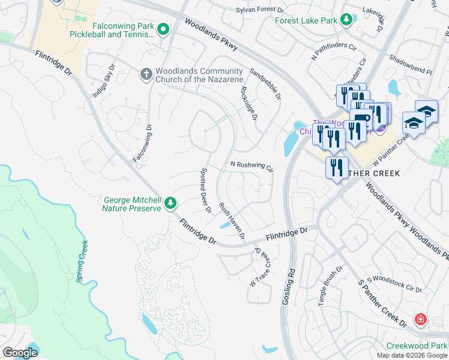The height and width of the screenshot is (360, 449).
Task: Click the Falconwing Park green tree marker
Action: [163, 29]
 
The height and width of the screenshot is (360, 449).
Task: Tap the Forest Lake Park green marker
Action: [346, 20]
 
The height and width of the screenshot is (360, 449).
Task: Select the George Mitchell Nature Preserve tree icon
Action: [171, 203]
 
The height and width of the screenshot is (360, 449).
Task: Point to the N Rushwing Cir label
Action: [252, 166]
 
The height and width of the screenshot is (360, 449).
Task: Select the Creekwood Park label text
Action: [417, 346]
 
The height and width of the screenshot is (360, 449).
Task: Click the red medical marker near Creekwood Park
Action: [421, 319]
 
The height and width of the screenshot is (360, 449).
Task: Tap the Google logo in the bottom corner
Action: [20, 352]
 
